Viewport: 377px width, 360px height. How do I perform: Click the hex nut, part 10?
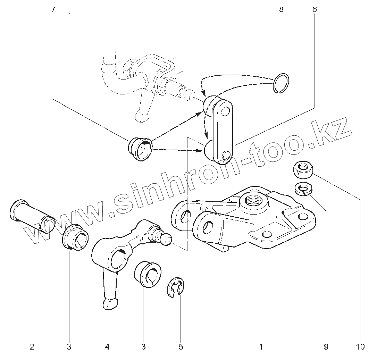tap(301, 168)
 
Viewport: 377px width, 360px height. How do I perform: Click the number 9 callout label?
tap(326, 346)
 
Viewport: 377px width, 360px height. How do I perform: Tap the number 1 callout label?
tap(261, 346)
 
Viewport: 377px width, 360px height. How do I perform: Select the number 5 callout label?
tap(181, 346)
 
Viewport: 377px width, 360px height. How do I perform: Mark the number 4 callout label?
tap(107, 346)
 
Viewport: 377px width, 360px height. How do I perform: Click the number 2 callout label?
tap(32, 346)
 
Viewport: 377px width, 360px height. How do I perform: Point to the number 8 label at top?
tap(281, 9)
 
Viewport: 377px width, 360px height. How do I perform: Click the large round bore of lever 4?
tap(118, 259)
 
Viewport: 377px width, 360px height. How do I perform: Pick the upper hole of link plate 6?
tap(225, 111)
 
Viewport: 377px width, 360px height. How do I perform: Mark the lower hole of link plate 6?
tap(226, 155)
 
